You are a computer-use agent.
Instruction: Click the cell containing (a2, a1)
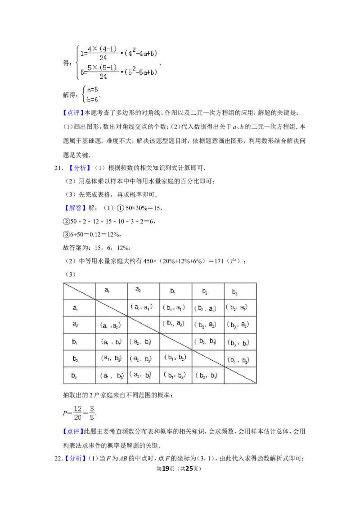[x=142, y=307]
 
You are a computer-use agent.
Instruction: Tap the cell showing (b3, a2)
[x=238, y=325]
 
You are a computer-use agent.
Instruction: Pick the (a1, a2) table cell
[x=110, y=325]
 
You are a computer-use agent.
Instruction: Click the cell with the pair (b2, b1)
[x=207, y=342]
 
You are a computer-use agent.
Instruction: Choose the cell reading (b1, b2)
[x=175, y=358]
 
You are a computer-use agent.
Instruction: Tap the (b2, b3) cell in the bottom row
[x=207, y=375]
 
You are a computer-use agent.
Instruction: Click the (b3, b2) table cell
[x=238, y=360]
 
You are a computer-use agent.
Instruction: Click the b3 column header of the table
[x=235, y=292]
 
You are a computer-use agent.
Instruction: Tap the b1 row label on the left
[x=75, y=342]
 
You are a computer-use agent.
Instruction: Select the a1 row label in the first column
[x=75, y=308]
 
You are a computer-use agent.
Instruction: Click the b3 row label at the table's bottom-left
[x=75, y=375]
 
